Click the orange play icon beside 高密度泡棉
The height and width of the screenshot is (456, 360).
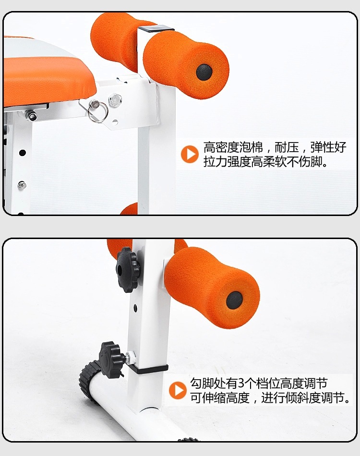(x=190, y=154)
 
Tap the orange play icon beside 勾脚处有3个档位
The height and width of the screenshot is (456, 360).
(x=178, y=390)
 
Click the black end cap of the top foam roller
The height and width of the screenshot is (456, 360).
(x=204, y=72)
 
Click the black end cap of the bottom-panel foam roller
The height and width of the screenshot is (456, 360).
(x=234, y=300)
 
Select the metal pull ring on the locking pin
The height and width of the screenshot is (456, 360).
(x=98, y=112)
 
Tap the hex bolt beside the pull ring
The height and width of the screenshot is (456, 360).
(x=115, y=100)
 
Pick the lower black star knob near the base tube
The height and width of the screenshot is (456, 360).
(x=110, y=360)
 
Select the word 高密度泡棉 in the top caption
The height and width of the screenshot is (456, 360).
(x=233, y=147)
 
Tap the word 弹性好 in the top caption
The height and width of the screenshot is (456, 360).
(x=328, y=147)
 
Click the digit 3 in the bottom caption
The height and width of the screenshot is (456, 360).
(x=241, y=384)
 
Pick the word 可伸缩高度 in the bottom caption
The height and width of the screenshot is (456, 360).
(x=220, y=398)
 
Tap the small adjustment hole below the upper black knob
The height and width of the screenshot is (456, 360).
(x=135, y=307)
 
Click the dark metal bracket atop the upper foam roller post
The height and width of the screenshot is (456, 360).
(x=156, y=28)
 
